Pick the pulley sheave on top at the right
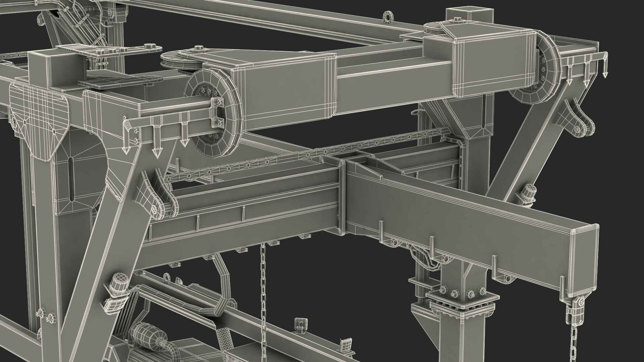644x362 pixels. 435,30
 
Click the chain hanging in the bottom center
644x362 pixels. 263,302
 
